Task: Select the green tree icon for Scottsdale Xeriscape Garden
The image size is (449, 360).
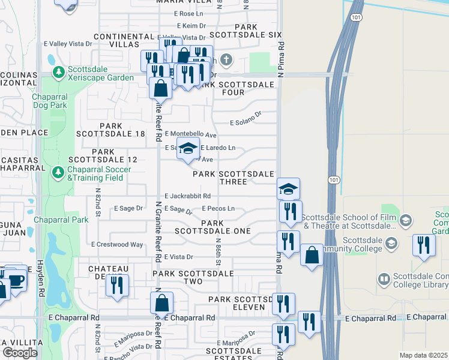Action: point(58,73)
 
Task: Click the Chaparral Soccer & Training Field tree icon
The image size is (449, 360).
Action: point(58,173)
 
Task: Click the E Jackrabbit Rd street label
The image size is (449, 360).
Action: point(187,196)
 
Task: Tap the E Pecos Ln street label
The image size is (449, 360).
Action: point(218,208)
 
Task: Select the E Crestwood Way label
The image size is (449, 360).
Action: point(118,244)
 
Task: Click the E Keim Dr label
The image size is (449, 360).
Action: point(192,26)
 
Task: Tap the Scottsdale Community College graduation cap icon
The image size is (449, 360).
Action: point(391,243)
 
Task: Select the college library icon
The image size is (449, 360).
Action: point(383,279)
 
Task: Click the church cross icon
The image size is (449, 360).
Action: point(226,60)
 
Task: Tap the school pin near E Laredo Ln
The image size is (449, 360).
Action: point(188,148)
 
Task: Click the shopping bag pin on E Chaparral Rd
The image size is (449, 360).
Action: point(162,303)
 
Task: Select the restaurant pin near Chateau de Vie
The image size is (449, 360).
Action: point(117,285)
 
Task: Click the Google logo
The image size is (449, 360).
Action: point(19,353)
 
